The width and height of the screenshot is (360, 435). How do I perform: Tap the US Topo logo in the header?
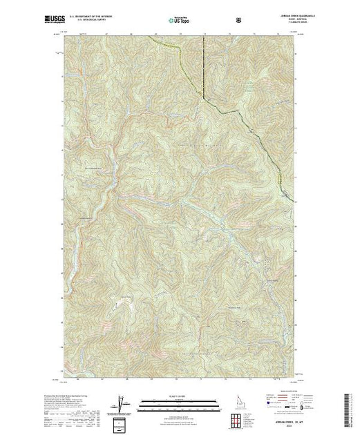(178, 20)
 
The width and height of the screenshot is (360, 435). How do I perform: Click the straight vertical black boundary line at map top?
(205, 66)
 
